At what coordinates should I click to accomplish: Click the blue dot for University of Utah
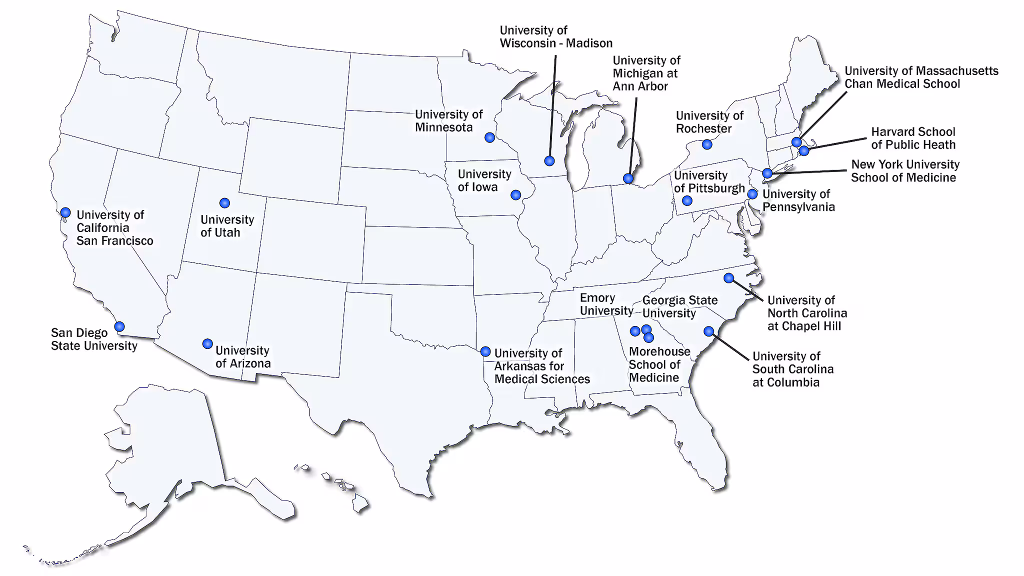[224, 203]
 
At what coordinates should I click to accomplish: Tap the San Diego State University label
[94, 339]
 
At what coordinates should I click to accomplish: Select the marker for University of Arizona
[207, 344]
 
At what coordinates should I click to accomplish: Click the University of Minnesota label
[448, 121]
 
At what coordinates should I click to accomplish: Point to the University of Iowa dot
[515, 195]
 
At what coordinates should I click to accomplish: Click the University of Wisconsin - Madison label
[556, 37]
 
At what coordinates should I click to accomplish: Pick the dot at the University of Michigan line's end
[628, 178]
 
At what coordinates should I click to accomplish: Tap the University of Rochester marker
[706, 144]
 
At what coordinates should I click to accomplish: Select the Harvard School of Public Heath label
[913, 138]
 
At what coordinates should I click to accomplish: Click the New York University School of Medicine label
[905, 171]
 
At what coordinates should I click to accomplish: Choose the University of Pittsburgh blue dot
[687, 201]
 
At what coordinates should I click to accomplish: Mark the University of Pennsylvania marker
[752, 194]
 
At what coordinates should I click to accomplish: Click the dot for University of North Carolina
[728, 278]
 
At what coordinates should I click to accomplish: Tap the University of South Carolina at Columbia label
[792, 369]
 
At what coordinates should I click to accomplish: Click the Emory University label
[606, 304]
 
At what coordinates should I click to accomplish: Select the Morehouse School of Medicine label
[659, 365]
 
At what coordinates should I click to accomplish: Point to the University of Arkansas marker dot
[485, 351]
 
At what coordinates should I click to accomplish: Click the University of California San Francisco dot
[65, 212]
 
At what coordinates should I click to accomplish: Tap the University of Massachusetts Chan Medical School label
[921, 77]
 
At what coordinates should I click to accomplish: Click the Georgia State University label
[679, 307]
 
